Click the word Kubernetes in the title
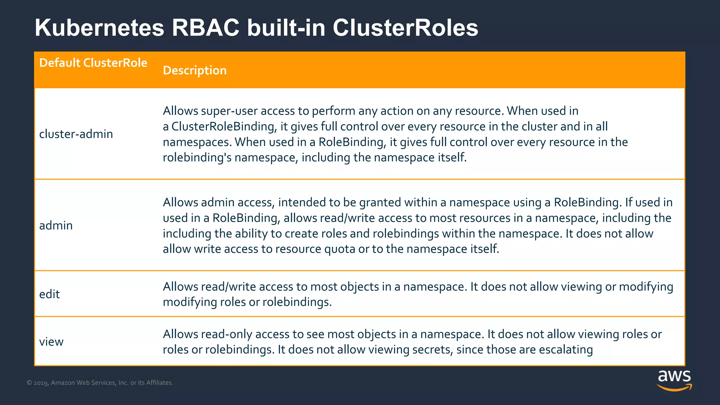[x=99, y=28]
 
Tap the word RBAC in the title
[x=205, y=28]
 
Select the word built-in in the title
[x=286, y=28]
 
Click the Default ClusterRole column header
[x=93, y=63]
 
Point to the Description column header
[x=195, y=70]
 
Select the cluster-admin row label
[x=76, y=134]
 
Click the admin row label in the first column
[x=56, y=225]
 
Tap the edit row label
[x=50, y=294]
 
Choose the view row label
[x=51, y=342]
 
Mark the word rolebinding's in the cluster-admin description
[x=197, y=157]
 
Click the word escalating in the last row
[x=566, y=349]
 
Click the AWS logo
[x=674, y=380]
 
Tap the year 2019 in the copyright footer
[x=41, y=383]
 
